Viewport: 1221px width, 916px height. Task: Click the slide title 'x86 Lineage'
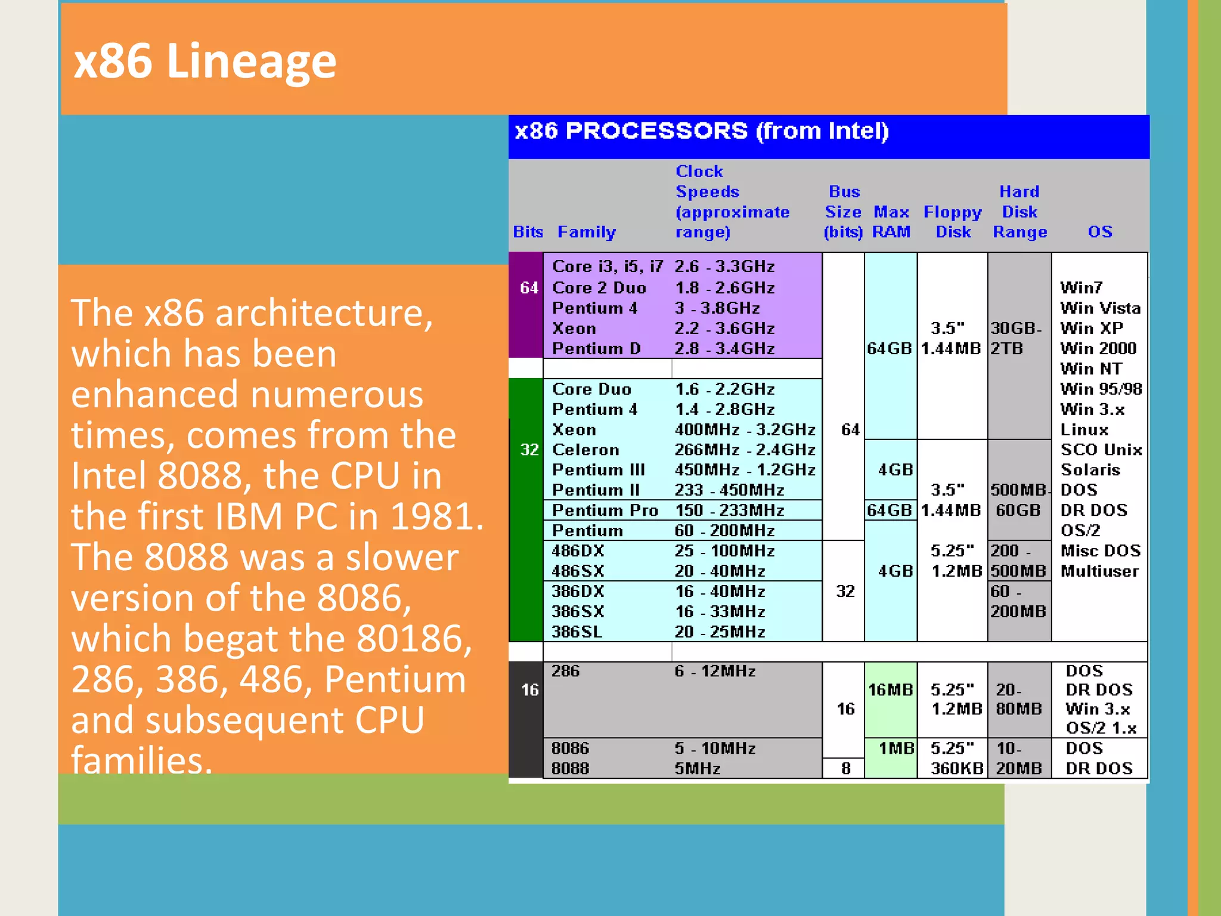(204, 61)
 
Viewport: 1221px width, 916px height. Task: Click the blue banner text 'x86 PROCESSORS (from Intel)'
(701, 131)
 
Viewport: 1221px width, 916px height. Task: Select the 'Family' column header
(586, 232)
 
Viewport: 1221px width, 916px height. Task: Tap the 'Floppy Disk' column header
(952, 222)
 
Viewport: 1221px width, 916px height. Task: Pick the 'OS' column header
(1099, 232)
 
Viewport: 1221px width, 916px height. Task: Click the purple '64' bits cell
(529, 288)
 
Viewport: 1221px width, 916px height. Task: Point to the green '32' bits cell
(529, 450)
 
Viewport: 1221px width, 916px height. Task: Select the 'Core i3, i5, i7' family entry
(607, 267)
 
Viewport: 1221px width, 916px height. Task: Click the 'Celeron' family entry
(585, 450)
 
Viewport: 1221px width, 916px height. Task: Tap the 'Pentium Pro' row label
(605, 510)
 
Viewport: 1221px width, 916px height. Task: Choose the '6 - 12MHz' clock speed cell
(714, 671)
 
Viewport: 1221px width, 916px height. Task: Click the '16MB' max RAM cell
(890, 690)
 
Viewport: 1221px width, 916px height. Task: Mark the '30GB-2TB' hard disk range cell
(1017, 338)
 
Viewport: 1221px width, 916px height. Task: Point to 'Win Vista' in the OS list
(1099, 308)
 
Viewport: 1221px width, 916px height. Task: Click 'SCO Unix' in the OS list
(1101, 450)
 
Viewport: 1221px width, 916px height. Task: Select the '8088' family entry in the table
(570, 769)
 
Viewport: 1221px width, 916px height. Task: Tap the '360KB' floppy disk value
(956, 769)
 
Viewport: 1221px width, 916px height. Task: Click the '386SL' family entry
(577, 632)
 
